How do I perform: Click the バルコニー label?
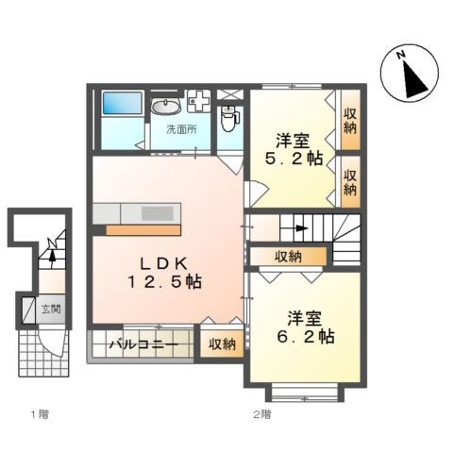(x=143, y=344)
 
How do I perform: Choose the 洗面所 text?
(x=181, y=128)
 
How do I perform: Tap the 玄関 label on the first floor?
(x=51, y=309)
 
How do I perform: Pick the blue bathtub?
(x=122, y=104)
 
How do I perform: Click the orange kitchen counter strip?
(x=143, y=228)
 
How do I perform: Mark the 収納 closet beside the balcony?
(x=222, y=344)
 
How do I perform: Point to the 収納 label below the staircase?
(x=288, y=256)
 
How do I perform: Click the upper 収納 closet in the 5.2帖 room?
(x=350, y=122)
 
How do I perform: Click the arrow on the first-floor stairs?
(x=53, y=250)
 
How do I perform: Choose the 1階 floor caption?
(x=38, y=413)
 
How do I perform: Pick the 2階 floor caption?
(x=261, y=413)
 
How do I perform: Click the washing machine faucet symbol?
(x=199, y=98)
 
